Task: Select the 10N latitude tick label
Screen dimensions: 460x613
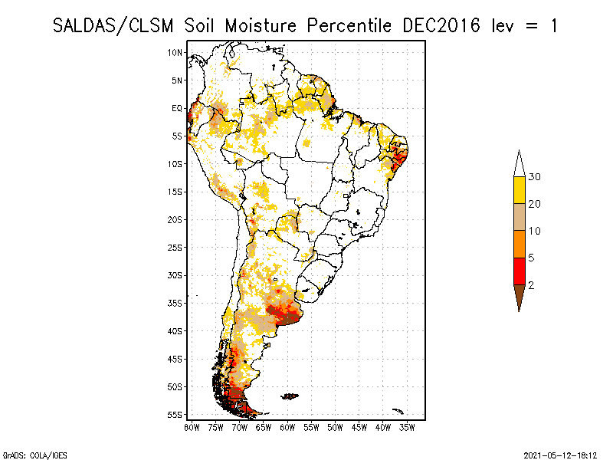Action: click(175, 52)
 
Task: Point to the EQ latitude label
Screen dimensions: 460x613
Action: click(177, 108)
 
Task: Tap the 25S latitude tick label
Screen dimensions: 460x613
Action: click(175, 247)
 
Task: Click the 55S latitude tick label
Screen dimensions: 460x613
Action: click(175, 414)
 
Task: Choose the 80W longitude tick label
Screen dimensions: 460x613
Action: click(192, 426)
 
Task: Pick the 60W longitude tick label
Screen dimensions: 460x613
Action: click(287, 426)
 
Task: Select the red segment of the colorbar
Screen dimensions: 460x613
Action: click(519, 271)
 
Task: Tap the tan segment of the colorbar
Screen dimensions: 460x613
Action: click(519, 217)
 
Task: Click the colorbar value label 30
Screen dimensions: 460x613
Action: click(535, 177)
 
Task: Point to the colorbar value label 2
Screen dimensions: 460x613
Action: click(531, 284)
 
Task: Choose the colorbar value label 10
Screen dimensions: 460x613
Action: click(535, 231)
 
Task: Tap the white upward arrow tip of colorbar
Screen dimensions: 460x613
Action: click(519, 163)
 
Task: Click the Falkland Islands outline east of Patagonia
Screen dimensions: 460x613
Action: click(290, 396)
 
